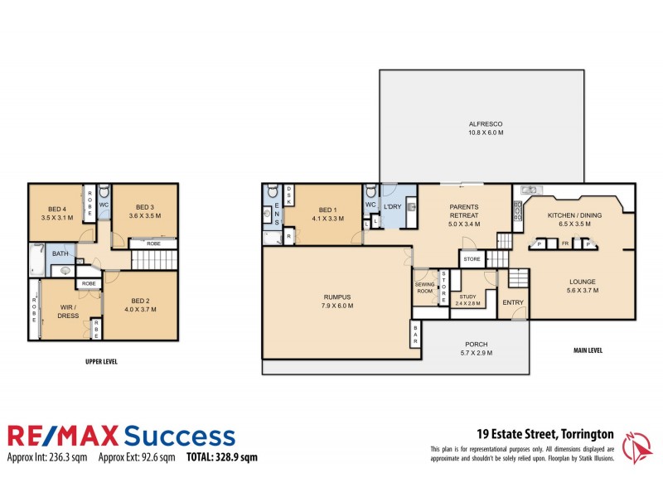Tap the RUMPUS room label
click(x=337, y=297)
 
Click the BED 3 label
click(x=145, y=206)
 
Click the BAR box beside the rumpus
click(x=414, y=335)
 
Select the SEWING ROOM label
click(x=424, y=287)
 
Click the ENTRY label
click(x=513, y=302)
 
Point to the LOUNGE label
click(x=583, y=282)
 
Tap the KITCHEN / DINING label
click(x=571, y=215)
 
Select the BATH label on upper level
click(x=60, y=254)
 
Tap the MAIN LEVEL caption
click(x=588, y=350)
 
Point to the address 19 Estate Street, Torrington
click(x=544, y=433)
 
